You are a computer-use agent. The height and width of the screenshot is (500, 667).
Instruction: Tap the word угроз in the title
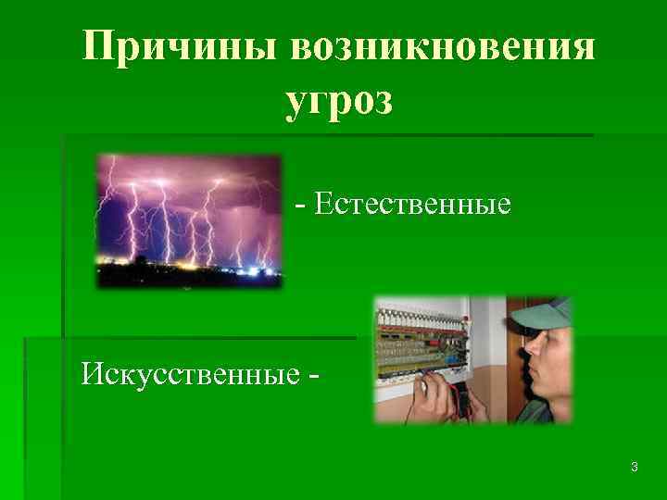coord(340,100)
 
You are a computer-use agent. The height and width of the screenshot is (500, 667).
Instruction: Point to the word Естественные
coord(412,203)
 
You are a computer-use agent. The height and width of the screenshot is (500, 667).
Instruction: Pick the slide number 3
coord(634,468)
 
